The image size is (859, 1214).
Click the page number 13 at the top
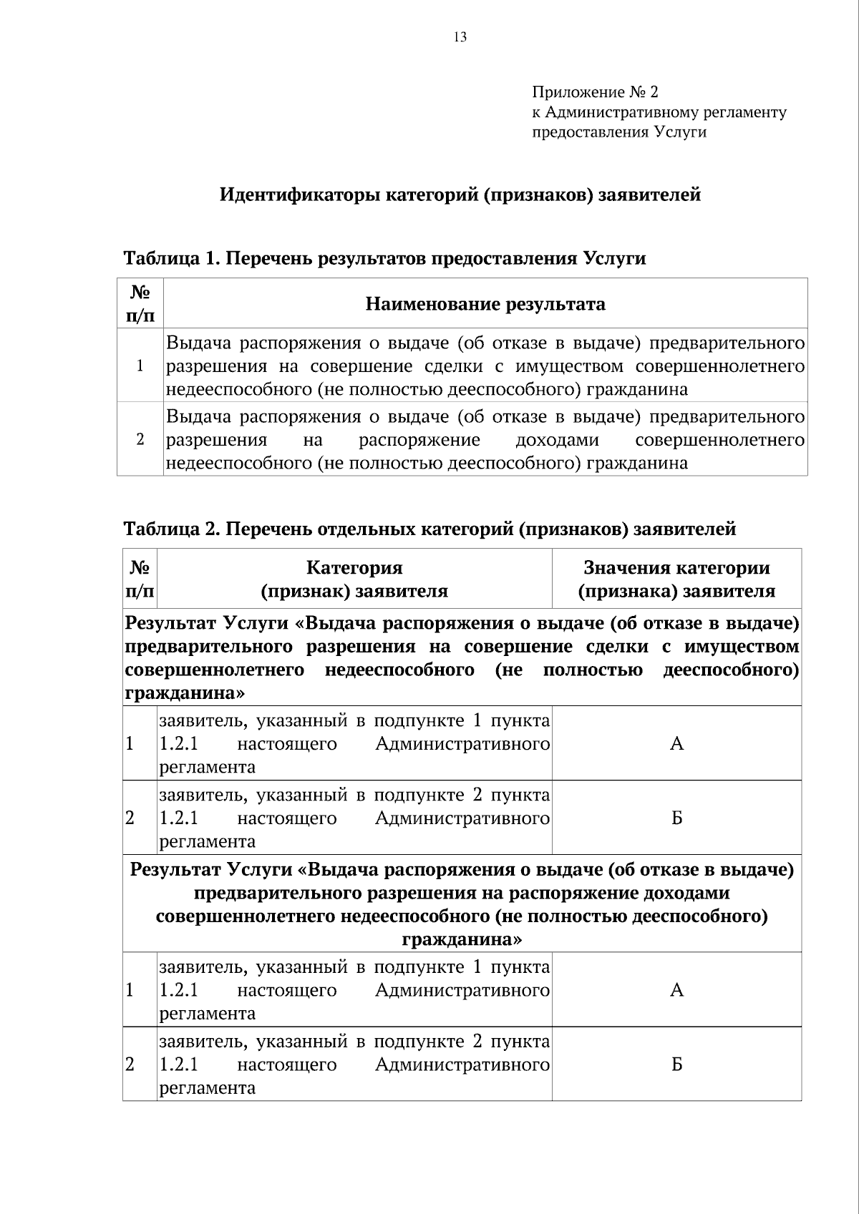pos(460,37)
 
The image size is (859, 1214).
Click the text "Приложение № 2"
pos(594,92)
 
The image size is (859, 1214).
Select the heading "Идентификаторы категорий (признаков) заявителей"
pos(460,195)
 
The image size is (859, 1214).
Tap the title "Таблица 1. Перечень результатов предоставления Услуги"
pos(384,258)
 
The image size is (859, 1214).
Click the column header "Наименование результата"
pos(485,304)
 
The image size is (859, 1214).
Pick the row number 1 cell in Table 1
pos(140,366)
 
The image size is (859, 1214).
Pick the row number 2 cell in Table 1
pos(140,439)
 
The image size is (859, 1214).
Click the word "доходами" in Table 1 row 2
pos(557,440)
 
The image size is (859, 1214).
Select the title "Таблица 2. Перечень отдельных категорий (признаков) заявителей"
pos(429,529)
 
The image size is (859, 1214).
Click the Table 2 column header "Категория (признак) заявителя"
pos(354,579)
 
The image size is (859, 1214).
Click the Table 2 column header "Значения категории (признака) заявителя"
pos(676,579)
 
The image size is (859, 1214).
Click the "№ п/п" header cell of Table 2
pos(140,579)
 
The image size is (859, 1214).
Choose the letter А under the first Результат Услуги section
pos(676,744)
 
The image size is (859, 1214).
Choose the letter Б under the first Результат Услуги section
pos(676,818)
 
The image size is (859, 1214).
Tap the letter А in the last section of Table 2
pos(676,990)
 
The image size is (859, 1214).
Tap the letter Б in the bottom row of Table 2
pos(676,1064)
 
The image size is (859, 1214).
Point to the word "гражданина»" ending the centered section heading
pos(462,939)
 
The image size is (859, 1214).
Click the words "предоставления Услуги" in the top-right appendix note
pos(618,132)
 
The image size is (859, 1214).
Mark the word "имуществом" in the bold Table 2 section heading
pos(742,647)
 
